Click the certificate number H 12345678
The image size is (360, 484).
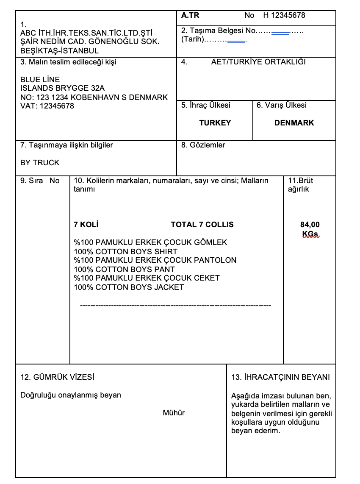click(284, 16)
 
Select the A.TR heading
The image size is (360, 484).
click(190, 16)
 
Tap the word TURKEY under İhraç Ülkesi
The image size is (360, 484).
click(215, 123)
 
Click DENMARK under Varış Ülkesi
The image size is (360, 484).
click(294, 123)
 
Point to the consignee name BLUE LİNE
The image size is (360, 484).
click(40, 80)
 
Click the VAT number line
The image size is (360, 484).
click(47, 106)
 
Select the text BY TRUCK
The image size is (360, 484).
click(40, 163)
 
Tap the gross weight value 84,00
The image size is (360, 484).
click(310, 225)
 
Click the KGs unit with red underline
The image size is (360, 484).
click(310, 234)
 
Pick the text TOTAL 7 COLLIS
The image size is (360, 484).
click(202, 225)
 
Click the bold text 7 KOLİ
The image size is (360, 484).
click(86, 225)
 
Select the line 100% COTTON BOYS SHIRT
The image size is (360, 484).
click(126, 251)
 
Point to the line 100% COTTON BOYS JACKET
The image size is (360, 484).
click(129, 287)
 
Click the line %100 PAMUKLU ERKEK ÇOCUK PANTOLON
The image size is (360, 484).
click(155, 260)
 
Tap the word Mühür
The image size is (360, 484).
click(174, 413)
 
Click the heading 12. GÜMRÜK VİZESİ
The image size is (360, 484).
click(58, 377)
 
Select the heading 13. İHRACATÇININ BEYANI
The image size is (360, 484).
click(280, 377)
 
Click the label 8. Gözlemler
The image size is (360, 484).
click(203, 145)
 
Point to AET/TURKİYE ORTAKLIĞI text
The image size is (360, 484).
click(258, 62)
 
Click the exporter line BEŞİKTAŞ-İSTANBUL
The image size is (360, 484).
click(59, 51)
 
